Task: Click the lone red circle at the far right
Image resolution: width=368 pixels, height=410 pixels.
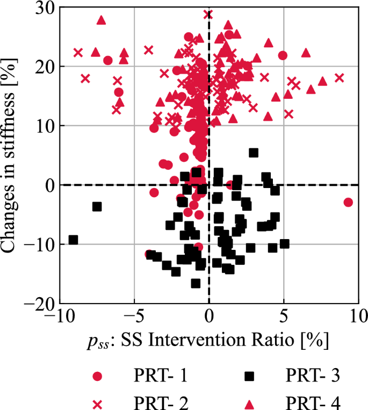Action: click(348, 202)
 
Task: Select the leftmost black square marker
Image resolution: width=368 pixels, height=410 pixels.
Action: click(73, 240)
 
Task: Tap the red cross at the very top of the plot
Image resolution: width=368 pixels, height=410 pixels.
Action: click(208, 15)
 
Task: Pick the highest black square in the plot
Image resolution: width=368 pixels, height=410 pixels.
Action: click(254, 153)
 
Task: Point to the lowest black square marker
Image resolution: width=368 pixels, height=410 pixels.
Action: click(196, 283)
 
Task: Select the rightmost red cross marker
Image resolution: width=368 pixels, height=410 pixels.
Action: click(340, 78)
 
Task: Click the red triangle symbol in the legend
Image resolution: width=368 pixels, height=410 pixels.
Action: click(249, 400)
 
